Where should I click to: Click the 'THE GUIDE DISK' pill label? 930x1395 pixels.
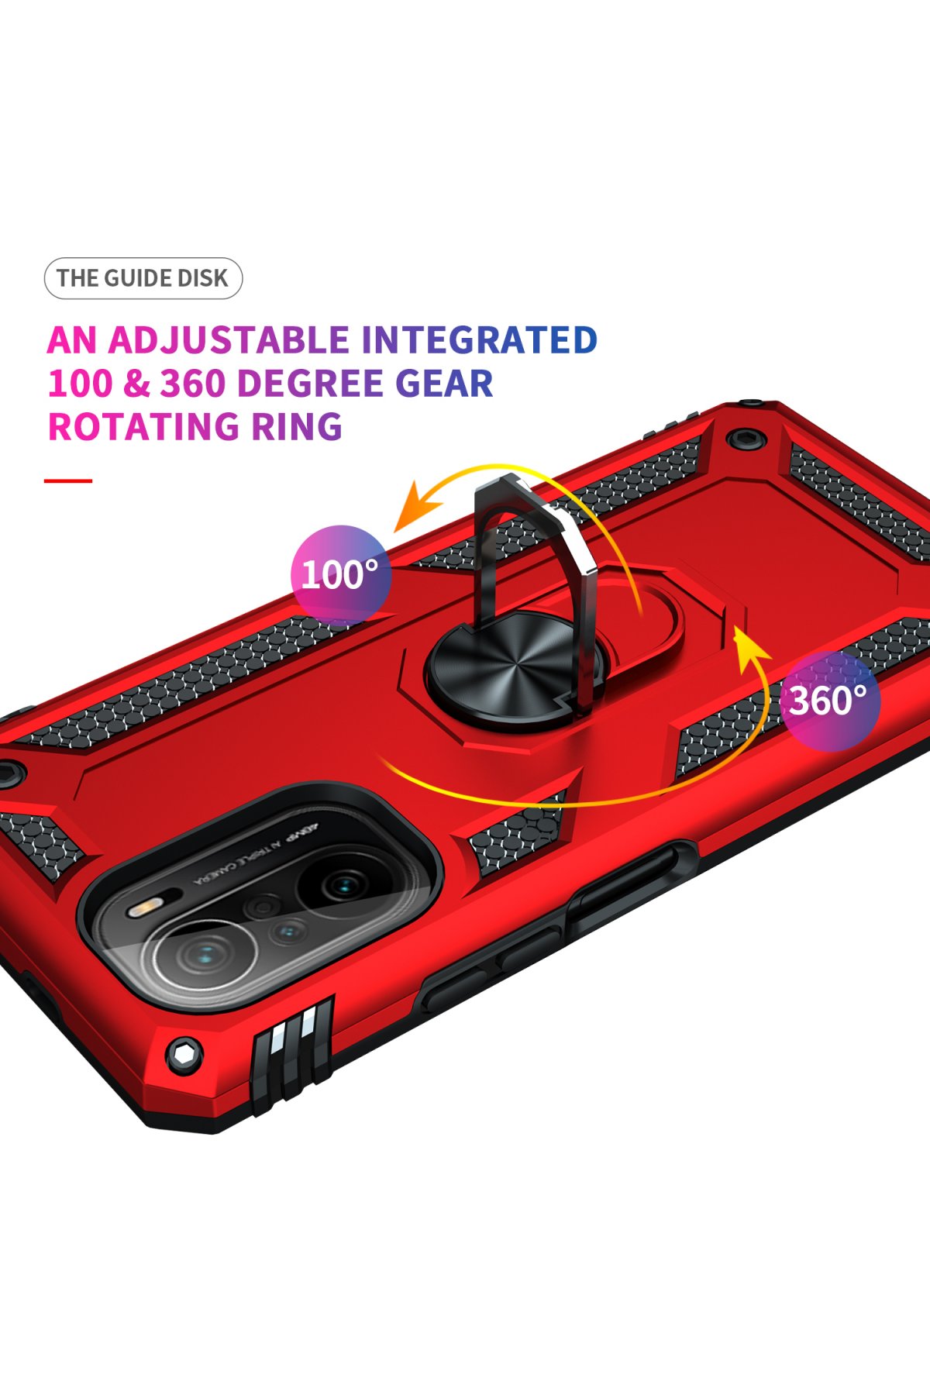click(143, 278)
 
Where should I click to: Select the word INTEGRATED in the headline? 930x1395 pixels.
click(479, 340)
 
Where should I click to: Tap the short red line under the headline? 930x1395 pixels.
click(68, 481)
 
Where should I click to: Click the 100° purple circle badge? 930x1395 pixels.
click(340, 574)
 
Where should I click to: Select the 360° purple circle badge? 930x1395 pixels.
click(829, 701)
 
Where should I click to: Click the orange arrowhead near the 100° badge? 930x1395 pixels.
click(414, 508)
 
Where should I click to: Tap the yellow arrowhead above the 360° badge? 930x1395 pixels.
click(747, 646)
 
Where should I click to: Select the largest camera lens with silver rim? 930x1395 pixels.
click(203, 955)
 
